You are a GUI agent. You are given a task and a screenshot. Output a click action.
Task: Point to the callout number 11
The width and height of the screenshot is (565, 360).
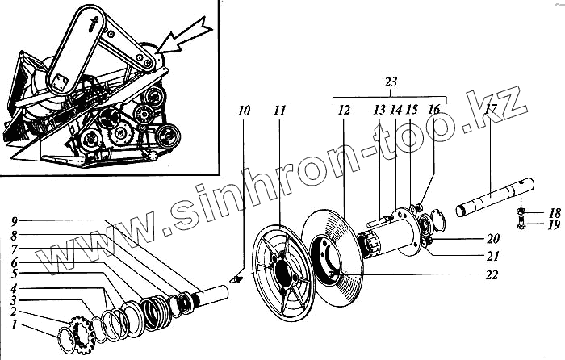click(x=279, y=109)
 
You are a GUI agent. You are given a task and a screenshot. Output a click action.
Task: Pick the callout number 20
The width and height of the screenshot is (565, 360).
click(x=493, y=239)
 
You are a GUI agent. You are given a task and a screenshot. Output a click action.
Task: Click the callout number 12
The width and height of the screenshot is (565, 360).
click(x=343, y=109)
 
